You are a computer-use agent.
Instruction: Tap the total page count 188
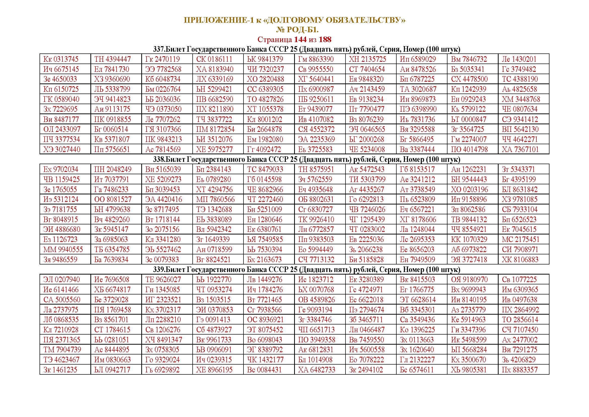[325, 40]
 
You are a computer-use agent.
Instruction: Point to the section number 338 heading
[159, 159]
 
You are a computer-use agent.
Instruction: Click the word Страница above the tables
[274, 40]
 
